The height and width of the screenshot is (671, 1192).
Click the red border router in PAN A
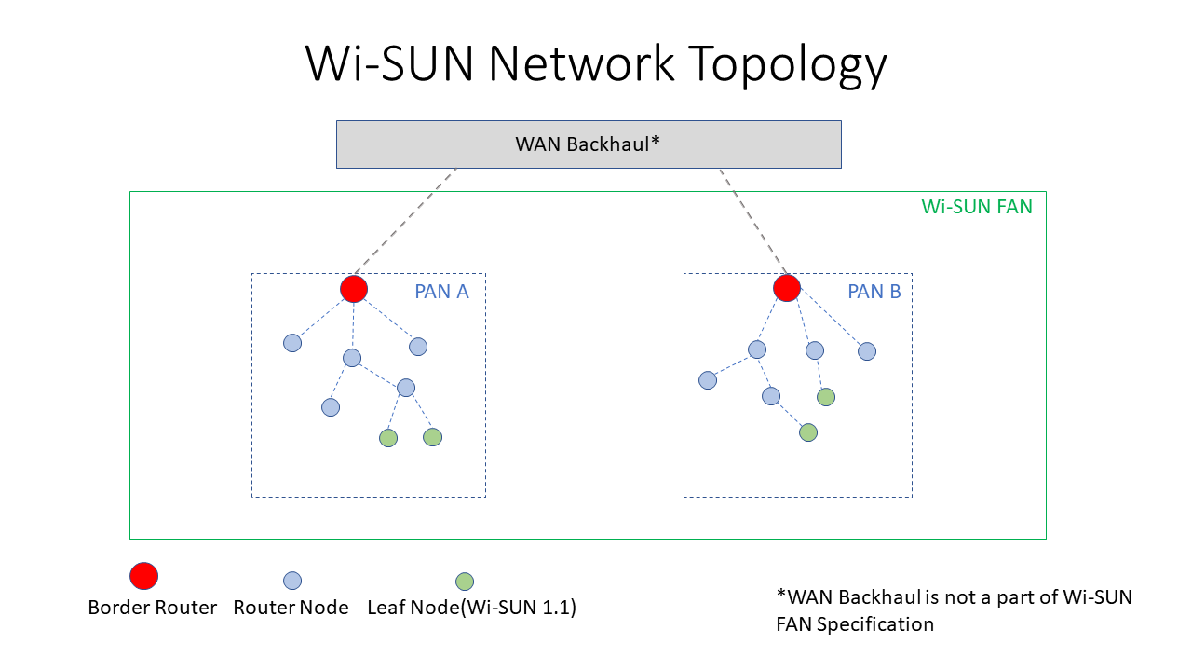pos(354,289)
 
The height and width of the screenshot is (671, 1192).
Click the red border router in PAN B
pos(787,289)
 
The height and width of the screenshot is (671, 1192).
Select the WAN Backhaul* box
pos(589,144)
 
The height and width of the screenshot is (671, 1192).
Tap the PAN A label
pos(441,292)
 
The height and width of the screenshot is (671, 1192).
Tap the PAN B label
pos(874,292)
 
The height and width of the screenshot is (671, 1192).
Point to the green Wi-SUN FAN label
pos(977,207)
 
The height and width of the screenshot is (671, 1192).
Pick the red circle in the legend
pos(143,576)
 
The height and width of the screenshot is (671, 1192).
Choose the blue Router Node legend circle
pos(292,581)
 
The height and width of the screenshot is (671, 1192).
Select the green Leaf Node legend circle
pos(464,582)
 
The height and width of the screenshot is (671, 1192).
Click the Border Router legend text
pos(153,608)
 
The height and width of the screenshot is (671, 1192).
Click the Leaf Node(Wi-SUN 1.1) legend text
pos(472,608)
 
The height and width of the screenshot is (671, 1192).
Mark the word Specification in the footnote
pos(875,624)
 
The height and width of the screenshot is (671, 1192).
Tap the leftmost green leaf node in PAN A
pos(388,438)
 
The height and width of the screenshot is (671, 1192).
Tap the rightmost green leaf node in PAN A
pos(432,436)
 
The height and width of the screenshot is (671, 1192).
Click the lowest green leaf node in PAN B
pos(808,432)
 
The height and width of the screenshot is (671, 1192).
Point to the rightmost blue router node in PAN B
pos(867,351)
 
